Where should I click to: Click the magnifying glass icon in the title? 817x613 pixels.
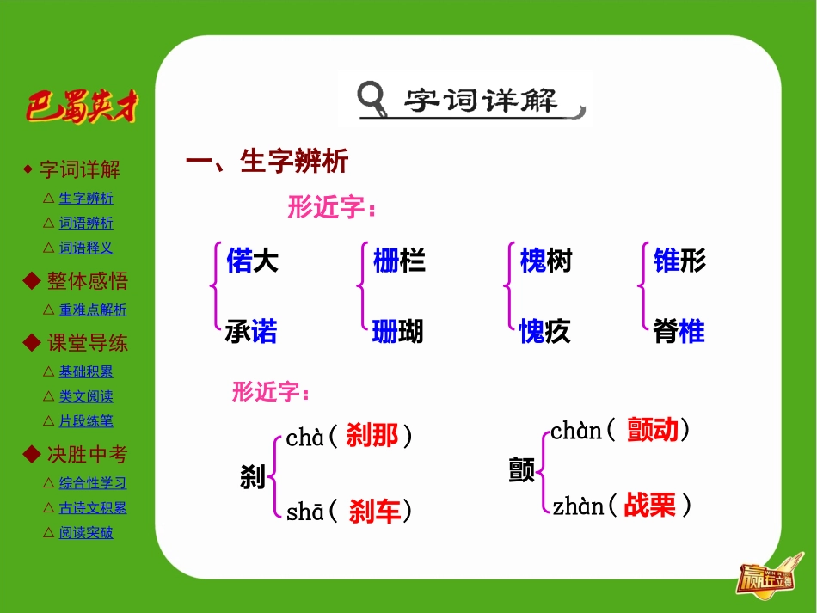(x=373, y=98)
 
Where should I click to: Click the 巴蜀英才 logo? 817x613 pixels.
(x=82, y=107)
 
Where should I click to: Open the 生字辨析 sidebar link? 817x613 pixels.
(x=86, y=199)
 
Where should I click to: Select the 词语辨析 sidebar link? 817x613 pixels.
(x=86, y=224)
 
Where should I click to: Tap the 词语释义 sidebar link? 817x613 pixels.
(x=86, y=248)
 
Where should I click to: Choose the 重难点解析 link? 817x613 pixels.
(x=93, y=310)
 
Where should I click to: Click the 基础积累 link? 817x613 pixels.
(x=86, y=372)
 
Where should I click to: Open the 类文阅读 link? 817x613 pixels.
(x=86, y=397)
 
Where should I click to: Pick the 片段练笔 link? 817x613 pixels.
(x=86, y=422)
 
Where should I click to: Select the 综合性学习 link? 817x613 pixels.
(x=93, y=483)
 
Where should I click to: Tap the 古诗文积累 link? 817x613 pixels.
(x=93, y=508)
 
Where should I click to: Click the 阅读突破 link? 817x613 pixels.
(x=86, y=533)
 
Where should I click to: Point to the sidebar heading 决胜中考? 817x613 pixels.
(x=87, y=454)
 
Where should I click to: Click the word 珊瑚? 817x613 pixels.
(x=398, y=332)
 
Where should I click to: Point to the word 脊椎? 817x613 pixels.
(x=679, y=332)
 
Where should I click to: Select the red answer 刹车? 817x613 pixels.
(x=375, y=513)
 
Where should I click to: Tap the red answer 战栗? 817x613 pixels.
(x=650, y=506)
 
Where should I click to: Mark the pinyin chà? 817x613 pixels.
(x=305, y=438)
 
